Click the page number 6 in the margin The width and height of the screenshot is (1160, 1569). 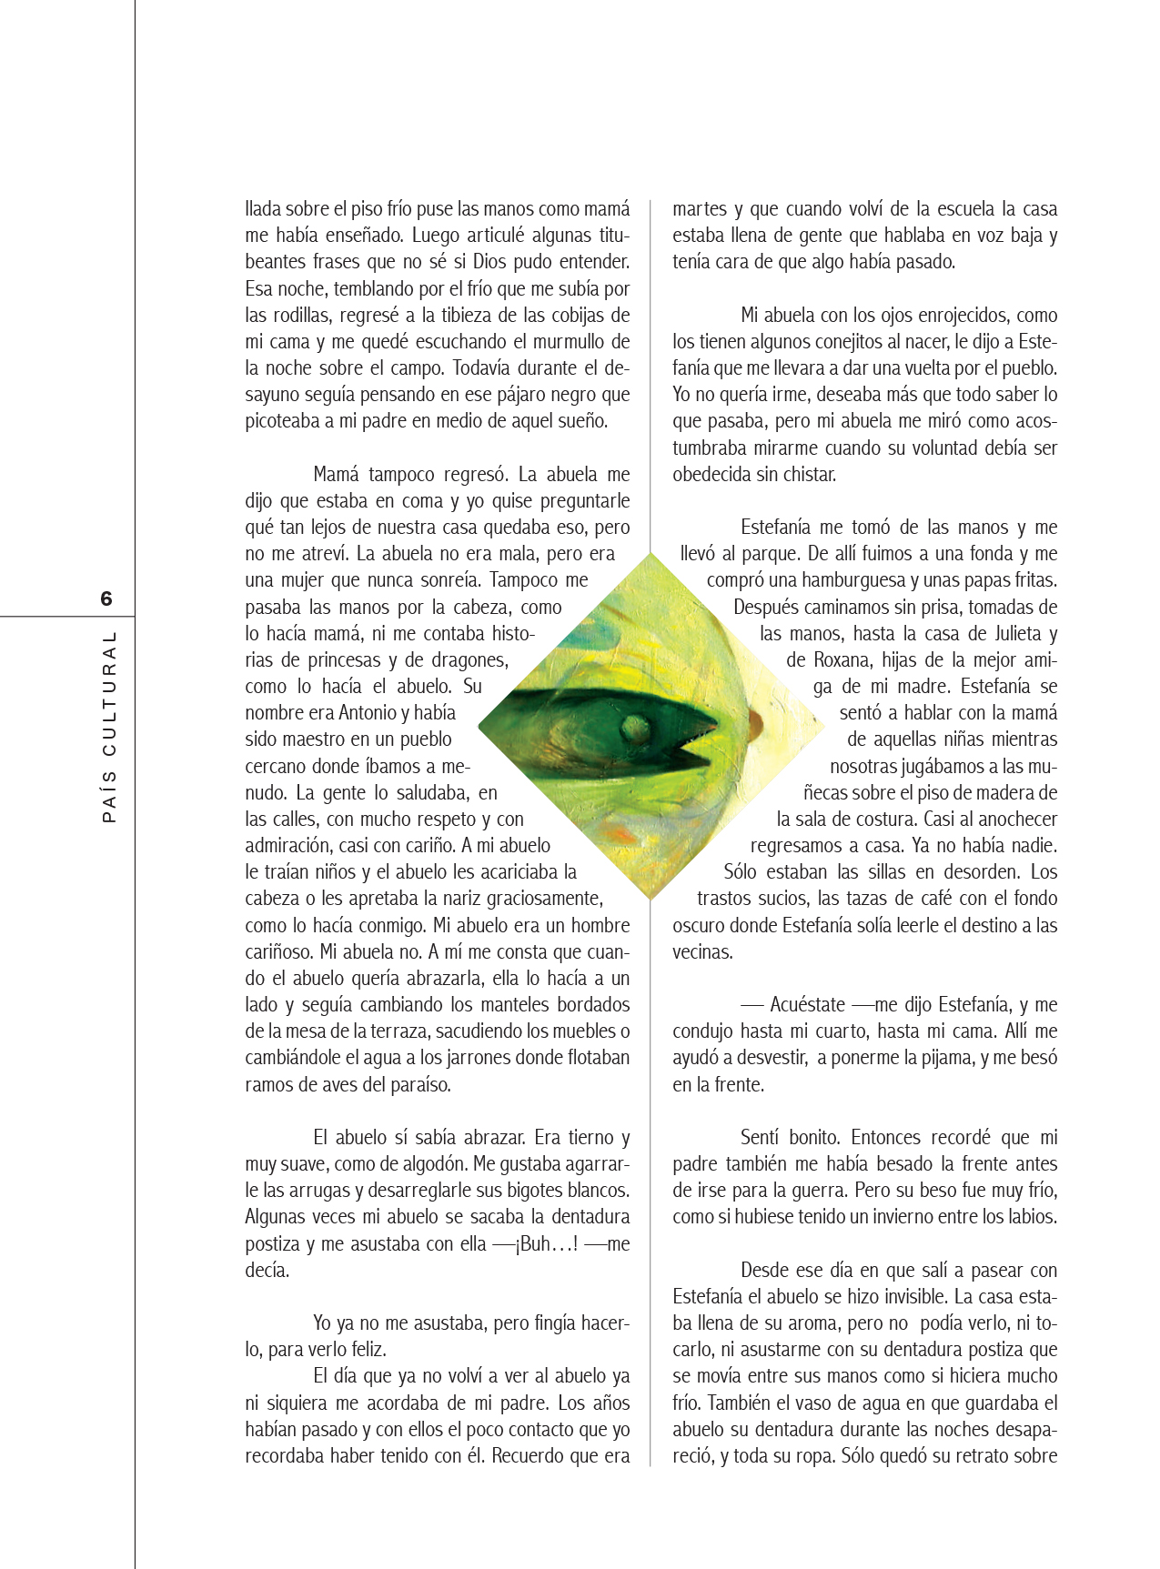[x=106, y=598]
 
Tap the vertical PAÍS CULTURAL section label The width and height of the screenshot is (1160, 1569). [x=109, y=727]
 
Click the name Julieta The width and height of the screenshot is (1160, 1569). [x=1008, y=633]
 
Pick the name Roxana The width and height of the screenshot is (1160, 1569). [x=843, y=659]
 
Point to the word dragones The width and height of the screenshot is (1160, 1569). [x=469, y=659]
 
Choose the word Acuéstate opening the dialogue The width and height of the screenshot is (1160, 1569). [x=807, y=1004]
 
